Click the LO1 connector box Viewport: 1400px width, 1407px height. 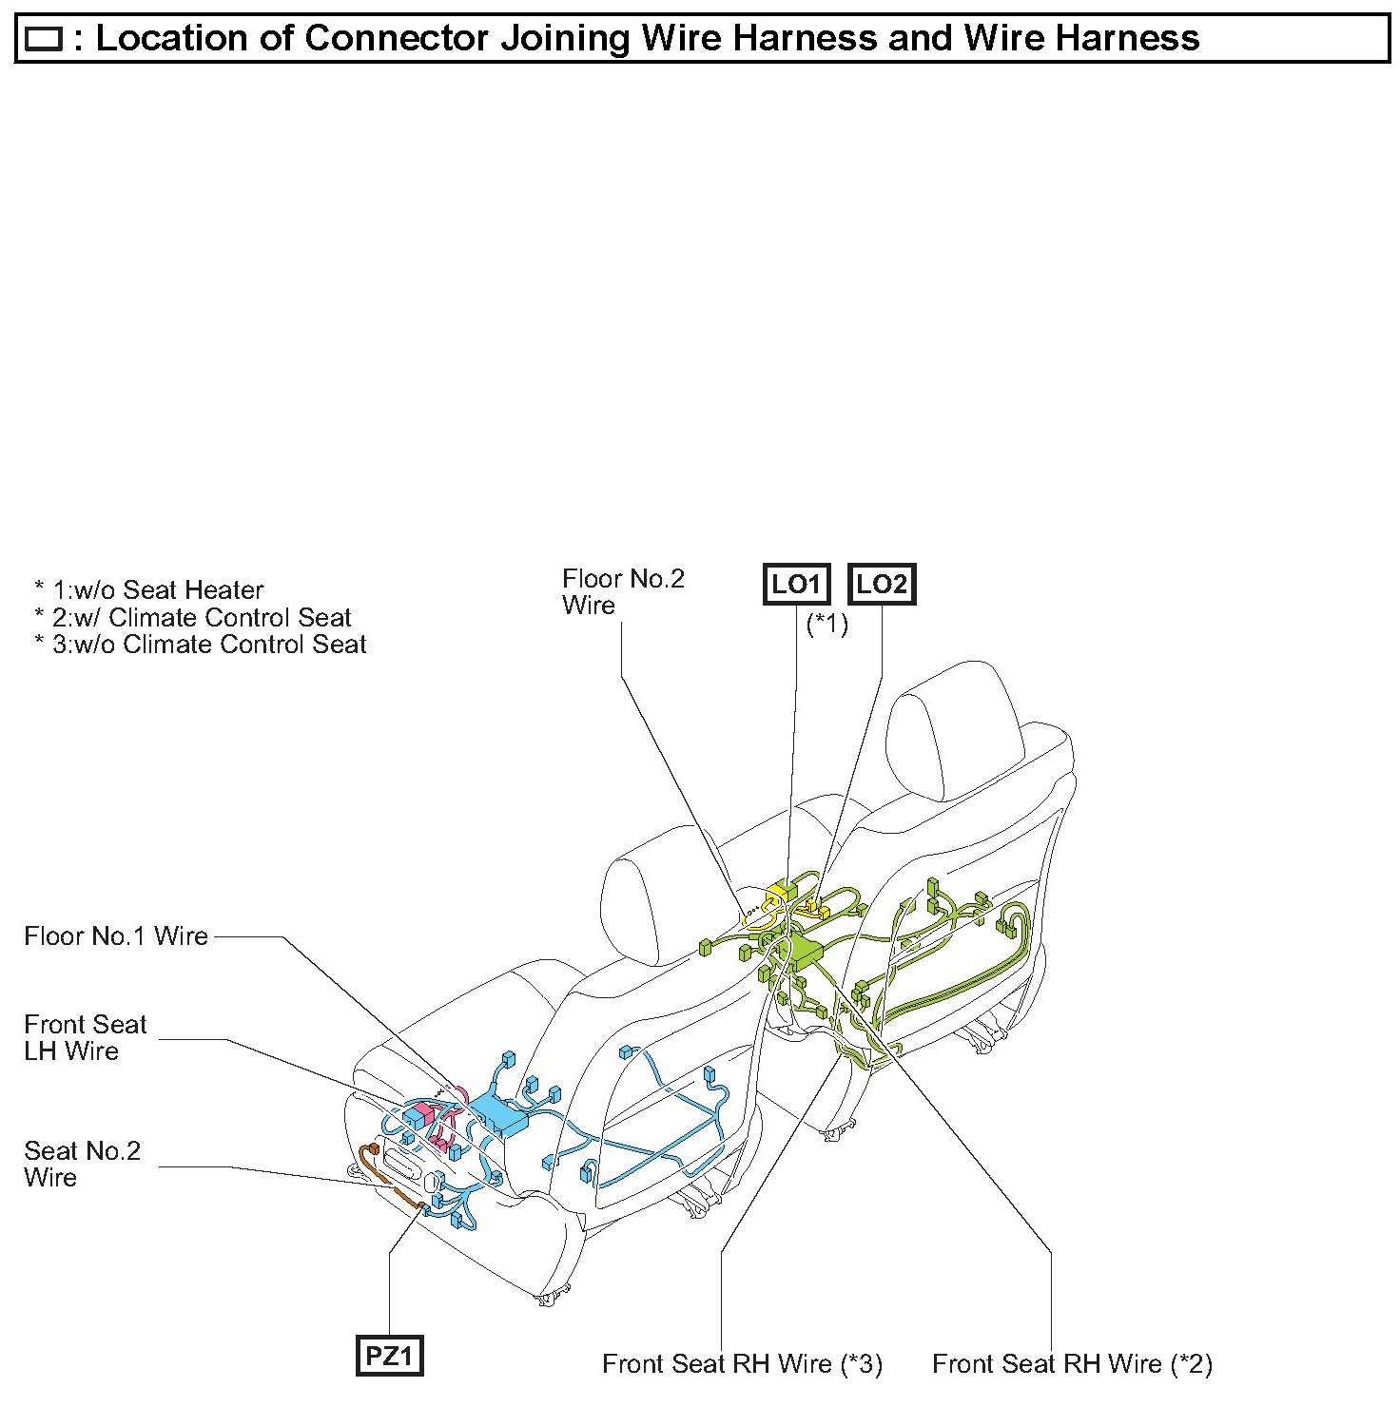(x=796, y=585)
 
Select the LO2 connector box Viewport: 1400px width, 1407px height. (x=881, y=585)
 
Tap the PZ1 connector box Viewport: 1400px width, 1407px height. (x=389, y=1355)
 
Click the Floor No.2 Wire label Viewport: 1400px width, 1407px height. (x=623, y=591)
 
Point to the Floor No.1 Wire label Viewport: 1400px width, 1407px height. (x=116, y=936)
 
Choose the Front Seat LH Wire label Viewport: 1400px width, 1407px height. (x=86, y=1037)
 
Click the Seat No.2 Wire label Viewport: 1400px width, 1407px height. (x=82, y=1164)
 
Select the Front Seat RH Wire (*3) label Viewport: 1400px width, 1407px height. (x=742, y=1364)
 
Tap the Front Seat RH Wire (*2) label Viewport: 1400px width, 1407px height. (x=1072, y=1364)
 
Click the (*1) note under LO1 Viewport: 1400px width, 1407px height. (x=826, y=625)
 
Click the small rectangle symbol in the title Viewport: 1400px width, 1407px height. (x=44, y=39)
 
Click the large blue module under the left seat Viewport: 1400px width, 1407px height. (x=498, y=1111)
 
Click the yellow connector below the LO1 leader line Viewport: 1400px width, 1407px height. (x=787, y=892)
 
